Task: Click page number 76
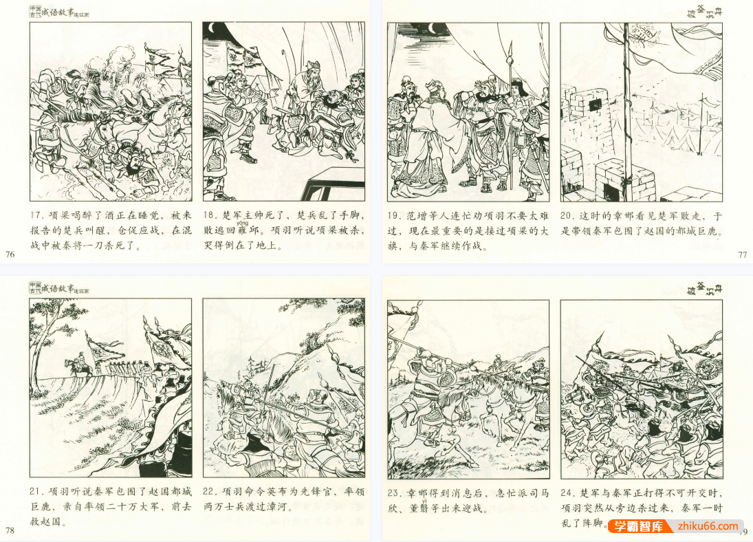[10, 254]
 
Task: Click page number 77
[742, 254]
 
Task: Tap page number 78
[10, 530]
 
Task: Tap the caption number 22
[210, 492]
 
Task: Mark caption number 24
[569, 492]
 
